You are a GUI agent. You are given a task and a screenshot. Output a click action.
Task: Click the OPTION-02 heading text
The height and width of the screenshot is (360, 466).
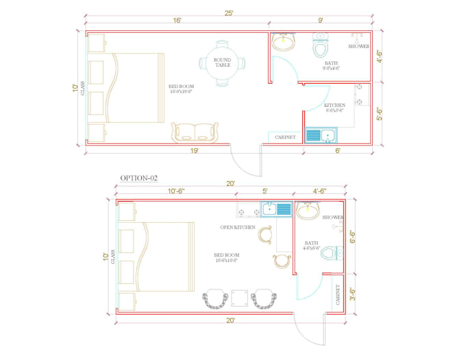coord(139,178)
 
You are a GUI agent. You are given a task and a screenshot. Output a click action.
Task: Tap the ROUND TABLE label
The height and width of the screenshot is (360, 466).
coord(222,62)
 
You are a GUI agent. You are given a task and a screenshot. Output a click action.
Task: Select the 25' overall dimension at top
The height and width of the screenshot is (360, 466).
coord(228,13)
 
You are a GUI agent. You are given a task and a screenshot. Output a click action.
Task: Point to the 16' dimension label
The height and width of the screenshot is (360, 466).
coord(177,21)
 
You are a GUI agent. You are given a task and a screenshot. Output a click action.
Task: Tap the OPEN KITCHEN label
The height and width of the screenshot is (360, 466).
coord(238,227)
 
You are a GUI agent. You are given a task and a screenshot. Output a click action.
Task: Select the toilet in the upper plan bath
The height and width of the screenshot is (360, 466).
coord(320,45)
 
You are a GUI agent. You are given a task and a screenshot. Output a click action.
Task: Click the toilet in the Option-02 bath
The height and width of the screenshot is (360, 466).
coord(330,253)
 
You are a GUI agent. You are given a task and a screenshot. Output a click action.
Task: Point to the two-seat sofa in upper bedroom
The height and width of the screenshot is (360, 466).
coord(195,132)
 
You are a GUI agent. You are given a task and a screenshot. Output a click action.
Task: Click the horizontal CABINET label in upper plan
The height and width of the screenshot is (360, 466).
coord(285,137)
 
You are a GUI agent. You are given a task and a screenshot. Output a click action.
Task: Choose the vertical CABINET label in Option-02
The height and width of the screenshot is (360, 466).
coord(338,294)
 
